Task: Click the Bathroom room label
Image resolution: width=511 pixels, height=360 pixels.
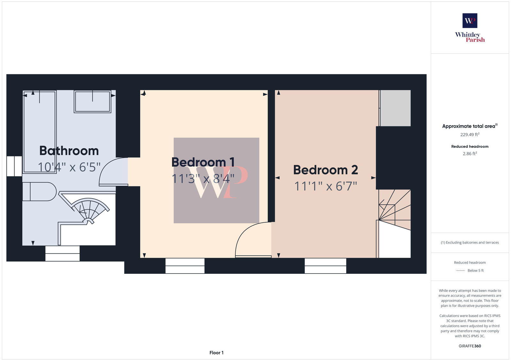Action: point(69,151)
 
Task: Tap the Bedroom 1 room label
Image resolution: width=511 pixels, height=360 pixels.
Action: point(203,162)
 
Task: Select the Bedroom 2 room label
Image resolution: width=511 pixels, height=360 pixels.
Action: point(325,170)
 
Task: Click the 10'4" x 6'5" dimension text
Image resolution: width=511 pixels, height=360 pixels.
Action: point(69,167)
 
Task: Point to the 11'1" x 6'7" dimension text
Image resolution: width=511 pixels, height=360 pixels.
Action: point(325,186)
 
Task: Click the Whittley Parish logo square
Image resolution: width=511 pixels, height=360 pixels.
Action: point(470,21)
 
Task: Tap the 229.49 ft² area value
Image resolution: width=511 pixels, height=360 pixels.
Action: point(470,135)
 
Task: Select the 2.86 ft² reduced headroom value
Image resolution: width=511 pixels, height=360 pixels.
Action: point(470,154)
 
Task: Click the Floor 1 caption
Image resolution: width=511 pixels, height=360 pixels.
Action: point(217,353)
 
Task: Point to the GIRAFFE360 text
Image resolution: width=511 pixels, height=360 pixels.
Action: point(470,346)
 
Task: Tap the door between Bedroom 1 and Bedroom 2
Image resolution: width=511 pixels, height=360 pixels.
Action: point(252,239)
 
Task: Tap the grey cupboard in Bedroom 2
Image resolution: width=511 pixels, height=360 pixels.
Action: point(395,108)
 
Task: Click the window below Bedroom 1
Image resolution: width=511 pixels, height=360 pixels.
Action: point(185,266)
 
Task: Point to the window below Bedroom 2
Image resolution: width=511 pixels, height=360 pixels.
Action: point(325,266)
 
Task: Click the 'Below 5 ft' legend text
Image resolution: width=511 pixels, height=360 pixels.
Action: point(476,271)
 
